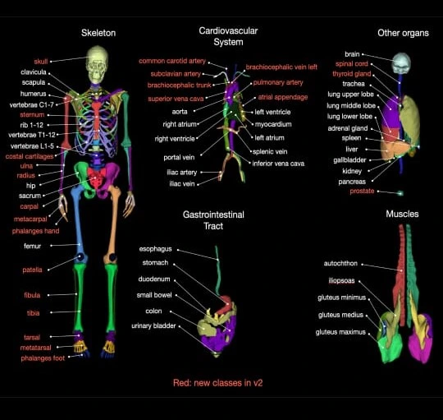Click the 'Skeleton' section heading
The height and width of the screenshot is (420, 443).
click(98, 33)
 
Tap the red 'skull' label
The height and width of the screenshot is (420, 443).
click(41, 62)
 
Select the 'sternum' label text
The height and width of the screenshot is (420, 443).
click(32, 114)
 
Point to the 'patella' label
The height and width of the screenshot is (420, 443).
click(32, 270)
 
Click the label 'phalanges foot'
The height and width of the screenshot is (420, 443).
click(43, 358)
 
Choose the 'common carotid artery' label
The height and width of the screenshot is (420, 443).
click(172, 61)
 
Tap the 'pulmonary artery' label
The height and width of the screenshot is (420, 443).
click(278, 82)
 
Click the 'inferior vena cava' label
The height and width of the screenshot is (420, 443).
click(278, 164)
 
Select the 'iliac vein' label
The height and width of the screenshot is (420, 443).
click(182, 183)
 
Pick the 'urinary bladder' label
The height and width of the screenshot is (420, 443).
click(153, 325)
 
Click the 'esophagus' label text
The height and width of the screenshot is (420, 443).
click(155, 249)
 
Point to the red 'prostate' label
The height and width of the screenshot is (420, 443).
click(362, 191)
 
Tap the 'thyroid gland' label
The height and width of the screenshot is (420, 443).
click(351, 74)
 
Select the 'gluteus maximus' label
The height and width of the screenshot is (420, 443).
click(340, 332)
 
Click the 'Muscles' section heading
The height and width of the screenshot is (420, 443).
click(402, 214)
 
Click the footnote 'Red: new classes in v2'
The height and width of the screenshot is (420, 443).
click(218, 383)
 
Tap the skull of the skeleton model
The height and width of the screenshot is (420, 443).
click(97, 65)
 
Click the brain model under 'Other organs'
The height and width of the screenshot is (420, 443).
click(401, 63)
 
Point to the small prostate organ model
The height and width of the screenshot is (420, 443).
click(400, 193)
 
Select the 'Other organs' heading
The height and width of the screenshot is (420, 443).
click(403, 33)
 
